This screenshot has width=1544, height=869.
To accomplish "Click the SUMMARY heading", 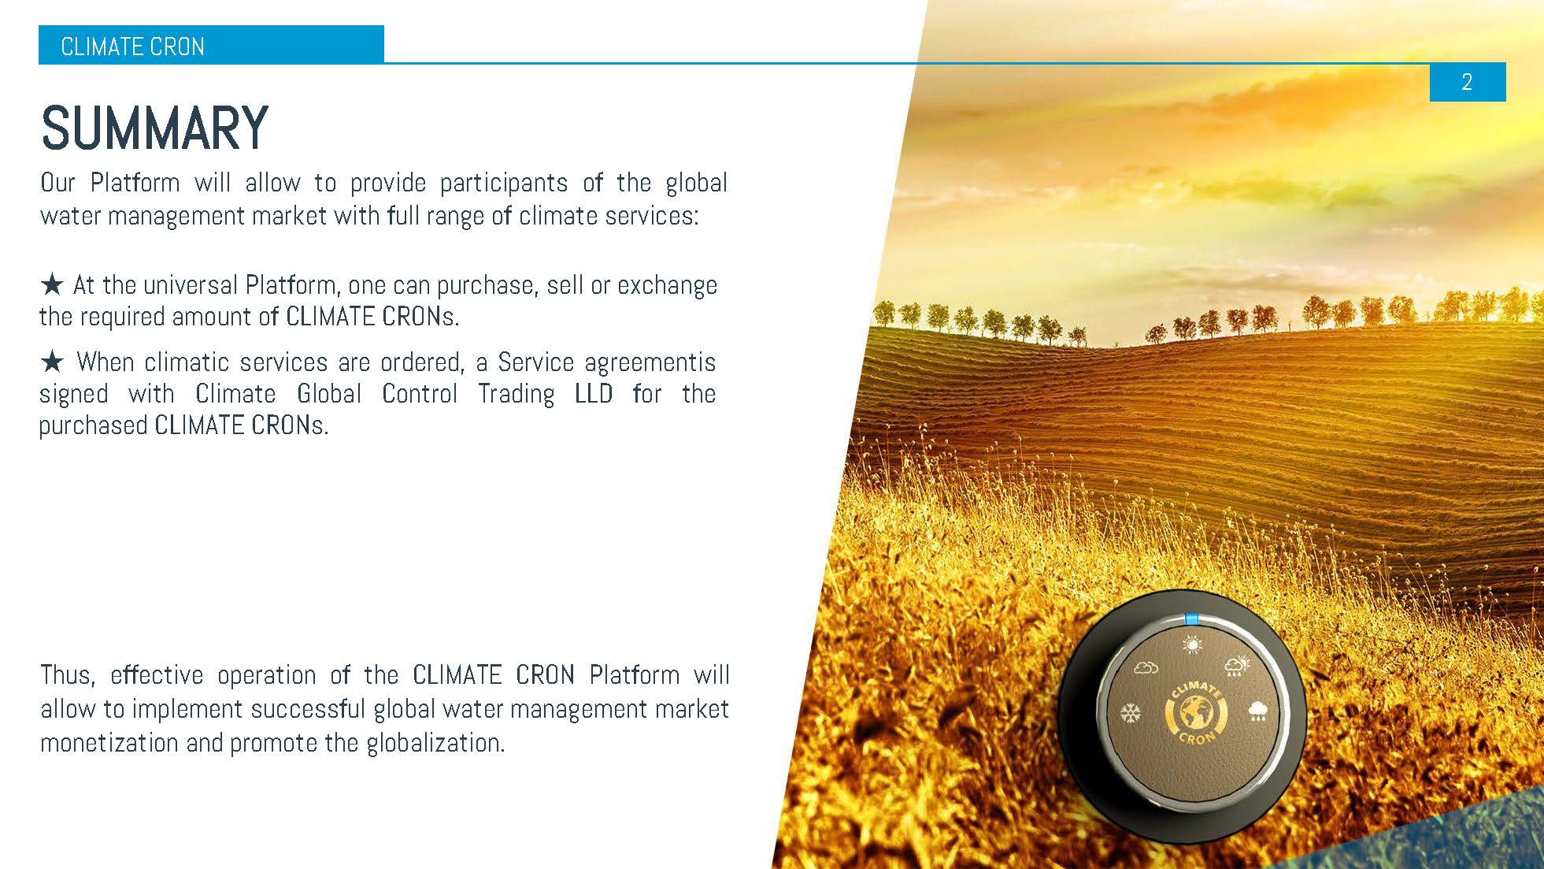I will click(x=154, y=128).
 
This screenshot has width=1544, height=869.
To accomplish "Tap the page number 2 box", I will click(x=1467, y=82).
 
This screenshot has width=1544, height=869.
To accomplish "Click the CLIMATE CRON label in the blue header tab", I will click(x=132, y=47).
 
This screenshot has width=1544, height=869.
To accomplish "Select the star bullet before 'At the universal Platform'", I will click(x=52, y=284).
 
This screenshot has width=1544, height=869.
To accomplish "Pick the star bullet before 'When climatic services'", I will click(x=52, y=362).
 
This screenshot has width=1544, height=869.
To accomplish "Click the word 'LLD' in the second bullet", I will click(x=594, y=393).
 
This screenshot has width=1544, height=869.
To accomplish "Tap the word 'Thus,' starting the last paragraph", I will click(x=68, y=675).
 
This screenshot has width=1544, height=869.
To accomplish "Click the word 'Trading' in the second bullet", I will click(x=516, y=393).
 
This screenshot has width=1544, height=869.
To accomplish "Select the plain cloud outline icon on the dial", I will click(x=1146, y=668).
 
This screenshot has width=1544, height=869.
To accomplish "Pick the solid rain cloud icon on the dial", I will click(x=1258, y=711).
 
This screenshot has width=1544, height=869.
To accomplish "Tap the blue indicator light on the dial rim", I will click(x=1191, y=619).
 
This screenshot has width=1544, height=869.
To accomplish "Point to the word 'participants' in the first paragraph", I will click(x=503, y=183).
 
